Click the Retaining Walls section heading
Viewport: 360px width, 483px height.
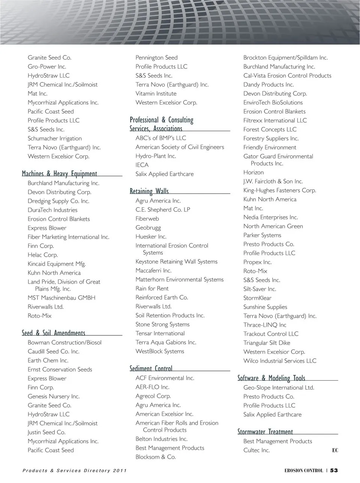(149, 191)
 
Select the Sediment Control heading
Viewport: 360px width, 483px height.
(151, 368)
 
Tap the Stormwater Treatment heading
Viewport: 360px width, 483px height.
(265, 432)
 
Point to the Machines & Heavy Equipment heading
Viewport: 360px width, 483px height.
(60, 173)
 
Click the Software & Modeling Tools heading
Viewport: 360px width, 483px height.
(271, 378)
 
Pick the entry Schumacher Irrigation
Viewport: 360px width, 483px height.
(55, 138)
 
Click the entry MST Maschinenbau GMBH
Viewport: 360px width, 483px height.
(61, 298)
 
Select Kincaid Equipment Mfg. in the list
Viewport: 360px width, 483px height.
(57, 264)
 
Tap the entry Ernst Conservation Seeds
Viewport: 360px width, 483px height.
(60, 369)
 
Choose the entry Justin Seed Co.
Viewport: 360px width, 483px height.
(46, 432)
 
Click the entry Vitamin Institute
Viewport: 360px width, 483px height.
(156, 94)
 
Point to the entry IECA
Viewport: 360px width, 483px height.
(142, 165)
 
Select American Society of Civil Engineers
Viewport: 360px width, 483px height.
(180, 147)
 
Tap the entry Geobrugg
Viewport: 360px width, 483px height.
(148, 228)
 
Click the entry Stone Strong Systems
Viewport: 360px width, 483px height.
(162, 324)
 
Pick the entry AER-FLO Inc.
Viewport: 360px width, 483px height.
(152, 387)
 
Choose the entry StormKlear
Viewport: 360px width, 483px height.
(257, 298)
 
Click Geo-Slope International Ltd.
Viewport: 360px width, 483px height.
(279, 388)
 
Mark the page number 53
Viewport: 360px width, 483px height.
(334, 471)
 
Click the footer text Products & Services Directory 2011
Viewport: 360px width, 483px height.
(75, 471)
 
